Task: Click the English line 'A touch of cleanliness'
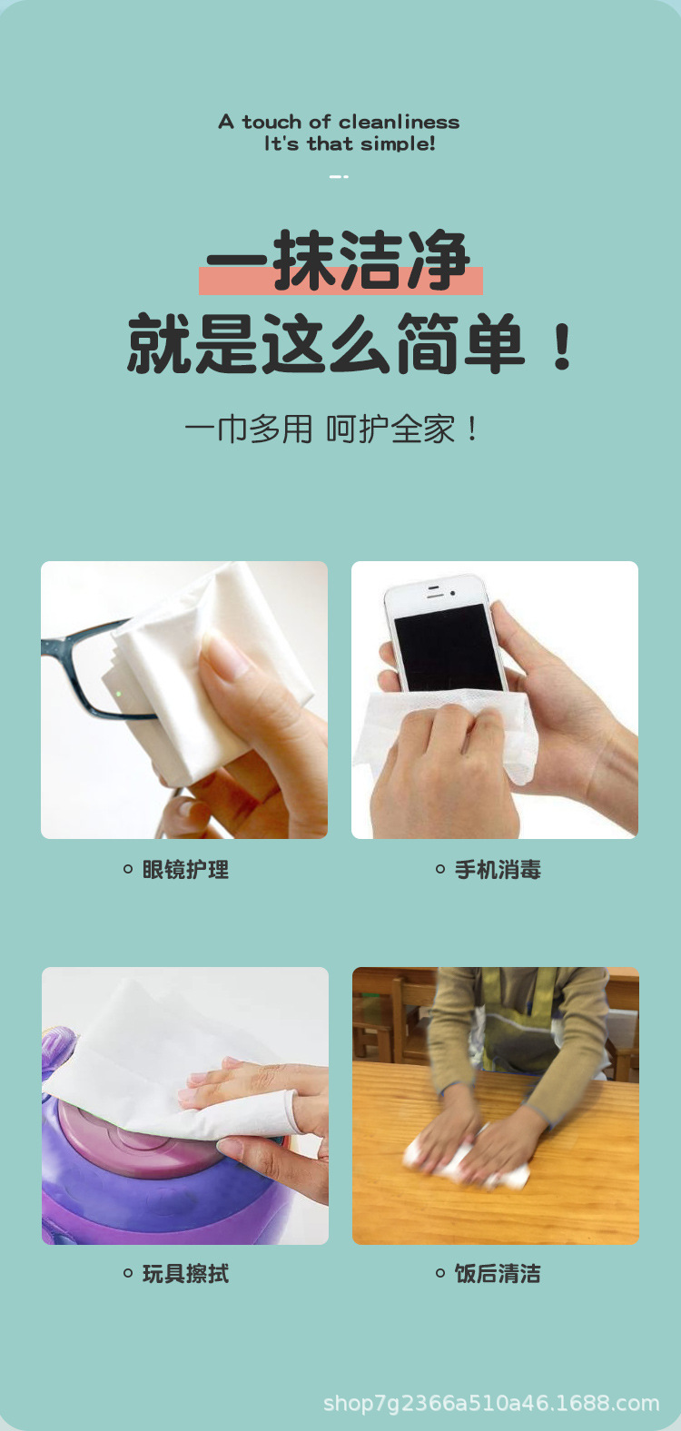339,122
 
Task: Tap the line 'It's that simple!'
350,143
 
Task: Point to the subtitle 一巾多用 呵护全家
331,429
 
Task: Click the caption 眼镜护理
185,870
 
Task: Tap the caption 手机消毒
498,870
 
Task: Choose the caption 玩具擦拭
185,1274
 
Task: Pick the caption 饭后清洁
498,1274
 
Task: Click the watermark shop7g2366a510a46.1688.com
491,1404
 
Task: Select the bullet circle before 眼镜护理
128,870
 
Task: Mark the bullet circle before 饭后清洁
440,1274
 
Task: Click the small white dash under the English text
339,176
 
